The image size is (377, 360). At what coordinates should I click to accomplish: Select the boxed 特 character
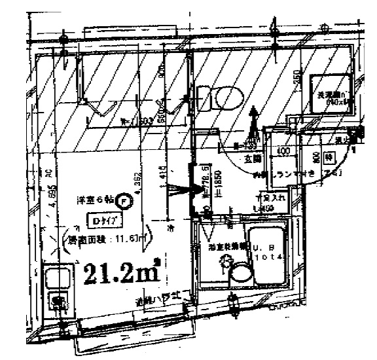point(331,157)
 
